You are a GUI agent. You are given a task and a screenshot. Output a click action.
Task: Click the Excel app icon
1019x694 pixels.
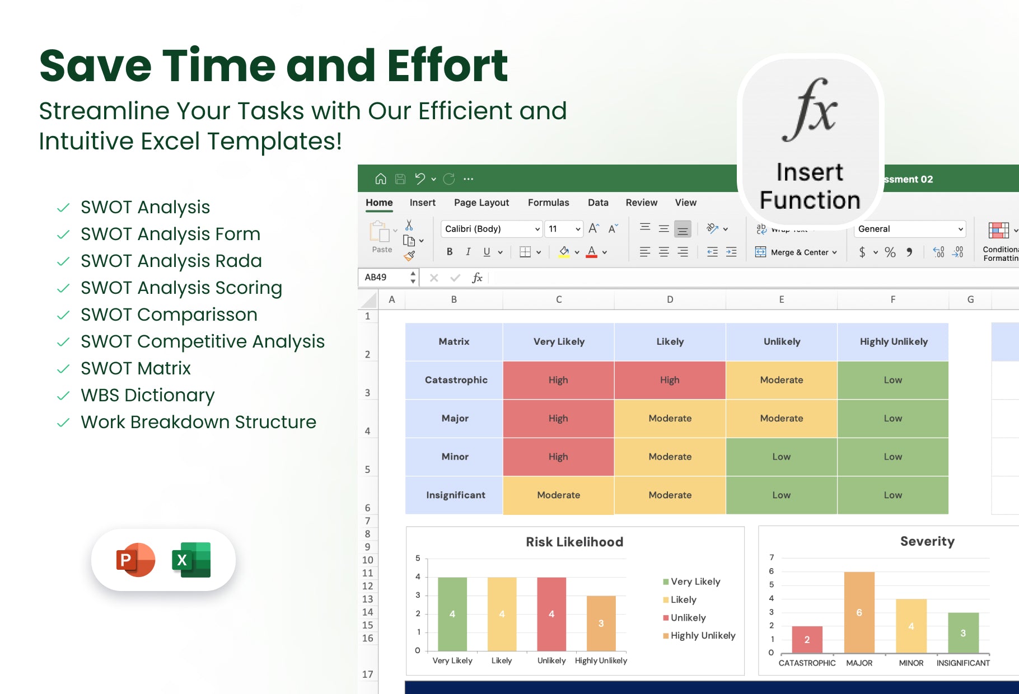(x=191, y=560)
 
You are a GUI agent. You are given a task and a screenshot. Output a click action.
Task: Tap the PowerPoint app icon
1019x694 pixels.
(x=135, y=560)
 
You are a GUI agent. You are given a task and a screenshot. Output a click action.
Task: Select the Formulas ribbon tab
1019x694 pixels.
(x=548, y=203)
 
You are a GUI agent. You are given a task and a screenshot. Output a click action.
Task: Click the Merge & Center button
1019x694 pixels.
(x=796, y=252)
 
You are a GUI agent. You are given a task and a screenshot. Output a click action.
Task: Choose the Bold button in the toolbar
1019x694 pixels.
(x=450, y=252)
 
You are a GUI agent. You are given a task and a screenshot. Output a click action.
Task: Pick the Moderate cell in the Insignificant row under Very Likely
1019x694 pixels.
(x=558, y=495)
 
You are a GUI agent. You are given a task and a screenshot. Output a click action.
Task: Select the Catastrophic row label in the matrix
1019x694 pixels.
(x=456, y=380)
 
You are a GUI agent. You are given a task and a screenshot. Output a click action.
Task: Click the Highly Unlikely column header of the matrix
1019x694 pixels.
(x=893, y=341)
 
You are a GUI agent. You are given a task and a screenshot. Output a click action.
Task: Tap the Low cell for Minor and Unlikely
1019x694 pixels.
(x=781, y=457)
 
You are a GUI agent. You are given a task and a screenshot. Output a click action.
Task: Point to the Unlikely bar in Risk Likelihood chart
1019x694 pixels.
(x=551, y=614)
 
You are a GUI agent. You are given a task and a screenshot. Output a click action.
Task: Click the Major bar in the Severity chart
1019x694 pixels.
(x=859, y=612)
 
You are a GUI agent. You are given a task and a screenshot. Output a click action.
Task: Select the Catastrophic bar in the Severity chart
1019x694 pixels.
(x=807, y=640)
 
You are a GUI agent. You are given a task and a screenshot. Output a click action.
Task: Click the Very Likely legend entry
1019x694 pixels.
(x=691, y=582)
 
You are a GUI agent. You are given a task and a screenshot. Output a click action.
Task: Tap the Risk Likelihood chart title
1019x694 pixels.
(x=574, y=542)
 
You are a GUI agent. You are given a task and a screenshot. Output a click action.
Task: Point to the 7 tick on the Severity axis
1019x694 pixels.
(x=772, y=557)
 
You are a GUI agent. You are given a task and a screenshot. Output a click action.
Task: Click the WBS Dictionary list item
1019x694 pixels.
(x=147, y=395)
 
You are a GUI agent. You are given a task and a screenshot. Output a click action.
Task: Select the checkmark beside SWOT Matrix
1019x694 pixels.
(x=63, y=369)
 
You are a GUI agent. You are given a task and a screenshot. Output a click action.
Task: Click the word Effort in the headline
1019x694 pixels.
(x=447, y=65)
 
